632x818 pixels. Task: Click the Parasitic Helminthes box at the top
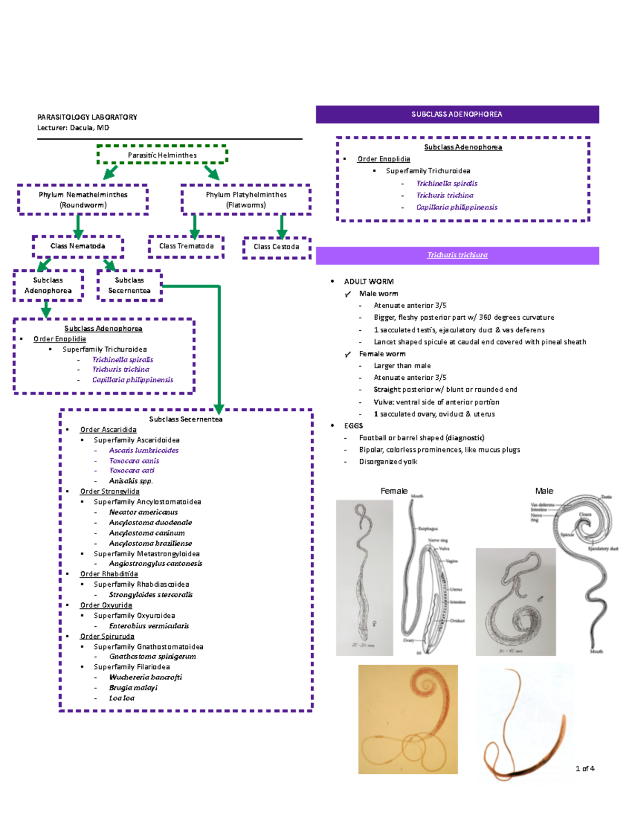(x=162, y=155)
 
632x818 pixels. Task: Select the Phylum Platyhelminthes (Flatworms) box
(x=246, y=200)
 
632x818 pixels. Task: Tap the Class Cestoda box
(x=276, y=247)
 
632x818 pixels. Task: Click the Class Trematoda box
(x=186, y=246)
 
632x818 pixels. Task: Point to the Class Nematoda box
(x=77, y=246)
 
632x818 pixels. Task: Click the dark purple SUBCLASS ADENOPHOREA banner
(x=457, y=114)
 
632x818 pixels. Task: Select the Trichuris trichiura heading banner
(x=457, y=255)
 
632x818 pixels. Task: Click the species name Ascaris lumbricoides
(x=144, y=450)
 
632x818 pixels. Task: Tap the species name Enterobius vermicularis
(x=149, y=626)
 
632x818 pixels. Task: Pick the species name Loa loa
(x=122, y=698)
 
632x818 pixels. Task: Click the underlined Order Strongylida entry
(x=110, y=491)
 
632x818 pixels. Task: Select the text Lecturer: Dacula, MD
(x=73, y=127)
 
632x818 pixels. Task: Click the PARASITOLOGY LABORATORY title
(x=87, y=117)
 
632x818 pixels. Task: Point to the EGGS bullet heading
(x=353, y=426)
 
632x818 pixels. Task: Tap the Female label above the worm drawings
(x=394, y=491)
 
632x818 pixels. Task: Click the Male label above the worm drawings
(x=544, y=491)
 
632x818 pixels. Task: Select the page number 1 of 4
(x=585, y=768)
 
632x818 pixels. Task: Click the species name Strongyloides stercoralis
(x=151, y=595)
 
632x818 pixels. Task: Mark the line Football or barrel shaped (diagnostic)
(x=422, y=438)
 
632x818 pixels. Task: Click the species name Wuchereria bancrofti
(x=145, y=677)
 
